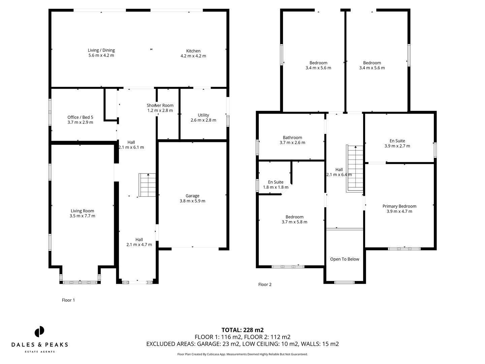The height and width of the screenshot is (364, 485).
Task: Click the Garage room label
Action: pos(192,196)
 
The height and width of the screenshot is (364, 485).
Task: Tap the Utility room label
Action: pos(203,115)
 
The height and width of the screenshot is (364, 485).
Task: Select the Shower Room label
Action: pos(160,105)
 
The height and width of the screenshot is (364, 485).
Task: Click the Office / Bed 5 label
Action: pos(80,117)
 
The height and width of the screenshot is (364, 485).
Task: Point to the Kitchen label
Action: pos(193,51)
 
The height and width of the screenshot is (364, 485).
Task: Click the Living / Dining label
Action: pos(101,50)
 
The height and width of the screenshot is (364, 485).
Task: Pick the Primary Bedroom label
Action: pos(399,206)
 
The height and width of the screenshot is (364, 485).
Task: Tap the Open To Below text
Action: pos(345,259)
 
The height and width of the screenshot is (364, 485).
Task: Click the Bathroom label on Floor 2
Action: pos(292,138)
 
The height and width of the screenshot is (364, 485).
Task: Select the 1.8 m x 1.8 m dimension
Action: pos(276,187)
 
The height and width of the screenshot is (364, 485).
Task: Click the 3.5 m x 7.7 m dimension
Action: pos(83,216)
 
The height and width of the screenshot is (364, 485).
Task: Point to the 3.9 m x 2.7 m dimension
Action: pos(397,146)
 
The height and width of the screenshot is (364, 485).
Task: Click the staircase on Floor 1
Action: pos(148,185)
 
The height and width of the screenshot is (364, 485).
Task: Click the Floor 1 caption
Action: pos(68,300)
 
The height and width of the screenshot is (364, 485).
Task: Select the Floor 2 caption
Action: pos(265,284)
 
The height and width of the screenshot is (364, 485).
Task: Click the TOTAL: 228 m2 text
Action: pos(243,330)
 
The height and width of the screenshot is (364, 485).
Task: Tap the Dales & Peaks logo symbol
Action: pos(39,331)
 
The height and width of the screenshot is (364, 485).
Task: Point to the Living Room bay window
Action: pos(80,282)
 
